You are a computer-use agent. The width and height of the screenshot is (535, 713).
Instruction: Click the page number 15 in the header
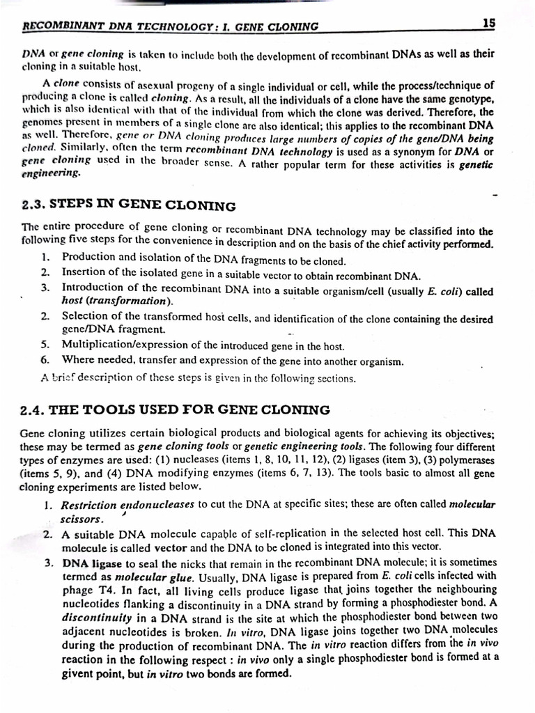click(x=488, y=23)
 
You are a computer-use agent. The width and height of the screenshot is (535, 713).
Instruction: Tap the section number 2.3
click(x=33, y=205)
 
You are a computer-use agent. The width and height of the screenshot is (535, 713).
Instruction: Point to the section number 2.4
click(x=33, y=409)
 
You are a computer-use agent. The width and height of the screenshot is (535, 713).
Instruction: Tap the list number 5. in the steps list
click(x=45, y=345)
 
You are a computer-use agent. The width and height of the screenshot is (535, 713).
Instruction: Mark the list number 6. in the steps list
click(x=45, y=361)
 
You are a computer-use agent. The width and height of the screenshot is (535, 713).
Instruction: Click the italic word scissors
click(x=82, y=519)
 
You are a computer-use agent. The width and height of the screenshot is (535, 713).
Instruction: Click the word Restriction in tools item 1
click(x=90, y=505)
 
